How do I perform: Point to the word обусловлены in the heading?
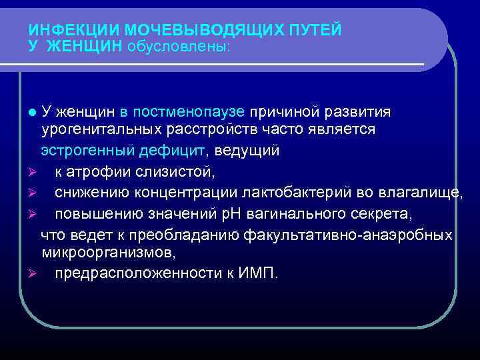coord(178,47)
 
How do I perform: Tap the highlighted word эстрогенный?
coord(87,150)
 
